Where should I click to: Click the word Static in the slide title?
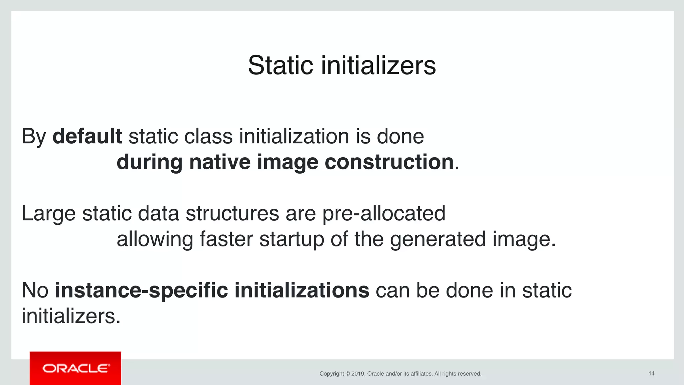click(x=280, y=65)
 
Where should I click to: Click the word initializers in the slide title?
click(x=378, y=65)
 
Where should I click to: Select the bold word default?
click(x=87, y=137)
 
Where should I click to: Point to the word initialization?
click(x=294, y=137)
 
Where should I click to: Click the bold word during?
click(x=149, y=162)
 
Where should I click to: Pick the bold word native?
click(x=220, y=162)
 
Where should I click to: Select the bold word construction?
click(x=389, y=162)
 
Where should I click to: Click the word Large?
click(x=48, y=214)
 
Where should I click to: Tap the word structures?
click(x=232, y=214)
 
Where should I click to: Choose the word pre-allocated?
click(x=384, y=214)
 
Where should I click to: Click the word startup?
click(x=292, y=239)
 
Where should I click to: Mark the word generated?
click(x=438, y=239)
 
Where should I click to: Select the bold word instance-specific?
click(x=141, y=291)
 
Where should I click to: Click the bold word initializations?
click(x=302, y=291)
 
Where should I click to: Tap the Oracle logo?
click(x=75, y=368)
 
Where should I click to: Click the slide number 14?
click(x=651, y=374)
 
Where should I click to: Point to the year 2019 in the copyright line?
click(x=357, y=374)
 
